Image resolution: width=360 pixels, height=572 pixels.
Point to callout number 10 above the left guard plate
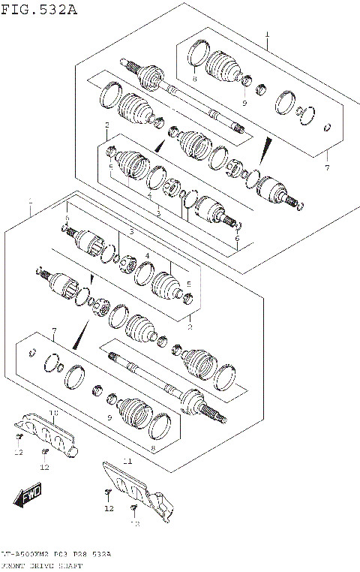pyautogui.click(x=53, y=413)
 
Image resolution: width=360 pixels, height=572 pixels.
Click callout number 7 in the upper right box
pyautogui.click(x=327, y=167)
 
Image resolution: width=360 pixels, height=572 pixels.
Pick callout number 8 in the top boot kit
pyautogui.click(x=193, y=78)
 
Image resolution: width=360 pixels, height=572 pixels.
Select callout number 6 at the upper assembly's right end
pyautogui.click(x=237, y=238)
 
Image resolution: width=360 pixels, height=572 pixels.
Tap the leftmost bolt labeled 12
pyautogui.click(x=19, y=436)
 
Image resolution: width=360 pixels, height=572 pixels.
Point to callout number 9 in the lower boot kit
pyautogui.click(x=109, y=418)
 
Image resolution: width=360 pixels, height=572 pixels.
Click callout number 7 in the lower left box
pyautogui.click(x=53, y=331)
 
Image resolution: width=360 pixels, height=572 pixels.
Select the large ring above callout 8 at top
pyautogui.click(x=199, y=55)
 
